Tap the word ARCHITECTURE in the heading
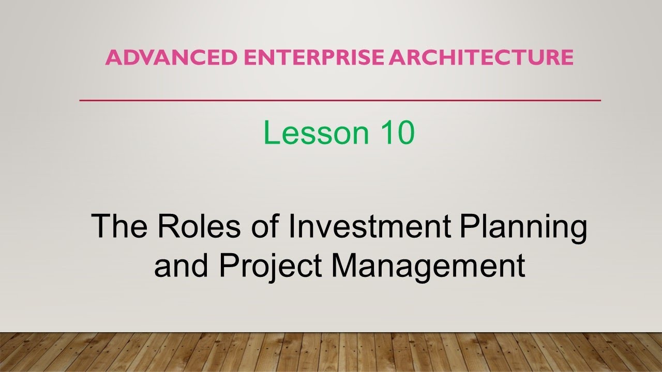pos(482,57)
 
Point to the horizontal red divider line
pos(340,100)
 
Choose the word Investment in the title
pos(370,226)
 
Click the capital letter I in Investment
pos(291,226)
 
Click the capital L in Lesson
pos(270,133)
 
